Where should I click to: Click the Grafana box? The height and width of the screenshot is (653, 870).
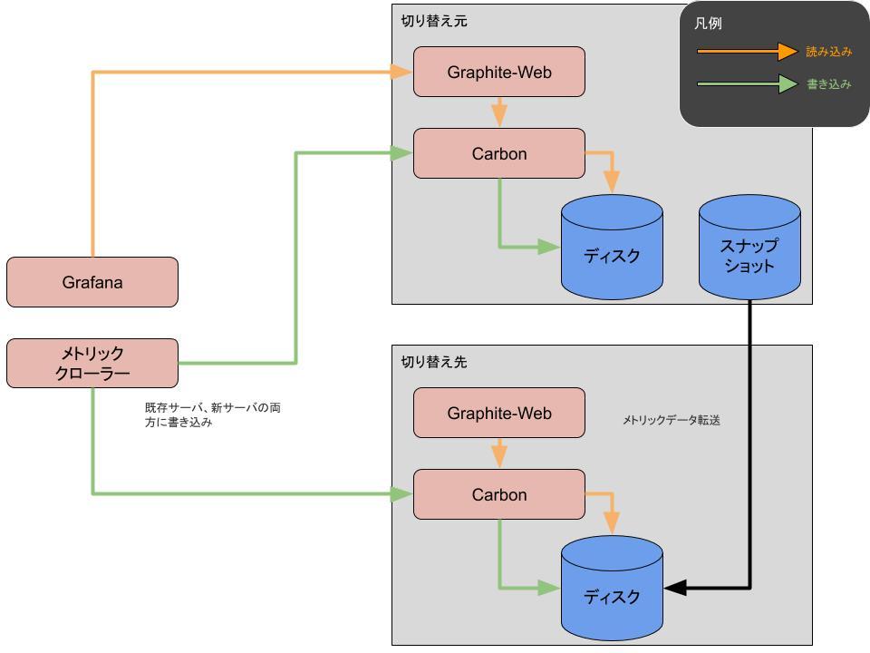pyautogui.click(x=92, y=282)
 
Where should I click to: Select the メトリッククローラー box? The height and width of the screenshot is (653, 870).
pyautogui.click(x=92, y=363)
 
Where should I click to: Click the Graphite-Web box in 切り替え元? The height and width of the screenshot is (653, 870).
pyautogui.click(x=498, y=72)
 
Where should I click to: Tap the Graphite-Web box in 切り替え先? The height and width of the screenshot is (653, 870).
pyautogui.click(x=498, y=413)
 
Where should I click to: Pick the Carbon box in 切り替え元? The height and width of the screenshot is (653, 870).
pyautogui.click(x=498, y=153)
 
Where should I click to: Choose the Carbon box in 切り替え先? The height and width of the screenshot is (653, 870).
pyautogui.click(x=498, y=494)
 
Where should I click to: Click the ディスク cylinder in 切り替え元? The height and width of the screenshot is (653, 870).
pyautogui.click(x=612, y=247)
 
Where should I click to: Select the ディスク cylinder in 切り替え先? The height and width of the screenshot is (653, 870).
pyautogui.click(x=612, y=588)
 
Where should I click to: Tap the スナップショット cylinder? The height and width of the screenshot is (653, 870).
pyautogui.click(x=749, y=247)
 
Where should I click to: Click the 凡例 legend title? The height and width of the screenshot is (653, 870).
pyautogui.click(x=708, y=24)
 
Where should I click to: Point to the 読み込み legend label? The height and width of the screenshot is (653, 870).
pyautogui.click(x=829, y=52)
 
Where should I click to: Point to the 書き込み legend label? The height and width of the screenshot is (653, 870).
pyautogui.click(x=829, y=83)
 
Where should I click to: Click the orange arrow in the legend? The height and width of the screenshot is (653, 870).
pyautogui.click(x=748, y=51)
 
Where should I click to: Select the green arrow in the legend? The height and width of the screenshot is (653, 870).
pyautogui.click(x=748, y=83)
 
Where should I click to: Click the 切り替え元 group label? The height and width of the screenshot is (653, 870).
pyautogui.click(x=434, y=21)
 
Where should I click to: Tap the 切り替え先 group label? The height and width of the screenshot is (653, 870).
pyautogui.click(x=434, y=362)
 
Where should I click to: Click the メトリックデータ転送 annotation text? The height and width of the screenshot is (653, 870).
pyautogui.click(x=672, y=420)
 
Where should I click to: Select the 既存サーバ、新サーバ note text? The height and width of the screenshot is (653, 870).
pyautogui.click(x=212, y=414)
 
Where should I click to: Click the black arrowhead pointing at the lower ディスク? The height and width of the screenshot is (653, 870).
pyautogui.click(x=674, y=588)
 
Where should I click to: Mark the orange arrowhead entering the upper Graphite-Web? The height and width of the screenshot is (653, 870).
pyautogui.click(x=401, y=72)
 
